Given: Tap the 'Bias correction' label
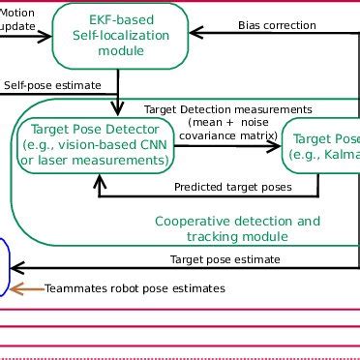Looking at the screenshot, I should click(276, 25).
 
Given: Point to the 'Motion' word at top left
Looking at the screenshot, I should click(22, 12).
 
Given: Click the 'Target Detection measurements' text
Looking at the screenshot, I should click(227, 109).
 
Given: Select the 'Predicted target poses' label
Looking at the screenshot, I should click(232, 187).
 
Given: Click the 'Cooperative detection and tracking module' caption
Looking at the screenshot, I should click(237, 228).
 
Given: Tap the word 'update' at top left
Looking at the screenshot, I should click(19, 26).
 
